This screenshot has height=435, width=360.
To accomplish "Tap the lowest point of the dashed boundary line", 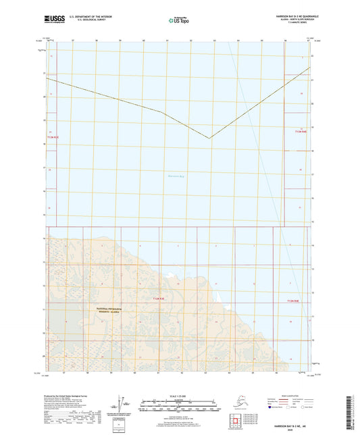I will tap(209, 138).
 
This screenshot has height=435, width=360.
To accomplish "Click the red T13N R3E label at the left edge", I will tap(53, 137).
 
